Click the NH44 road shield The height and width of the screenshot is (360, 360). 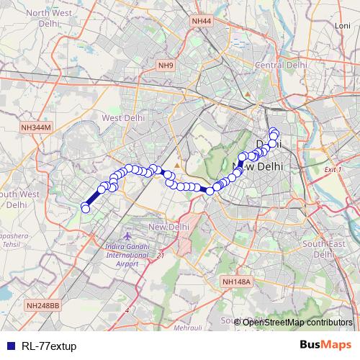(x=202, y=22)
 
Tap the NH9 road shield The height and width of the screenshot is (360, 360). (x=166, y=66)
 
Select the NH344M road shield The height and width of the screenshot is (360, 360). (x=36, y=127)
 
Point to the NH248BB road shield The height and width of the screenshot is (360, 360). (x=43, y=305)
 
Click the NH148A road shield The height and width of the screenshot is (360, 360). (x=235, y=282)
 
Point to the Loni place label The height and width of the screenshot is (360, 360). (x=342, y=25)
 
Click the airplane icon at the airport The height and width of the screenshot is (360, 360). (x=127, y=236)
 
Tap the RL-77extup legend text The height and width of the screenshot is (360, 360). (x=49, y=346)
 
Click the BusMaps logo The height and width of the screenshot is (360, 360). (x=325, y=345)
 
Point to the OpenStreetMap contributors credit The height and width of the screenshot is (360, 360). (x=296, y=322)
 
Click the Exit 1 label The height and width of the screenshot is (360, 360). (x=333, y=169)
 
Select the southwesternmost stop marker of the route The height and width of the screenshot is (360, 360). (x=86, y=209)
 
